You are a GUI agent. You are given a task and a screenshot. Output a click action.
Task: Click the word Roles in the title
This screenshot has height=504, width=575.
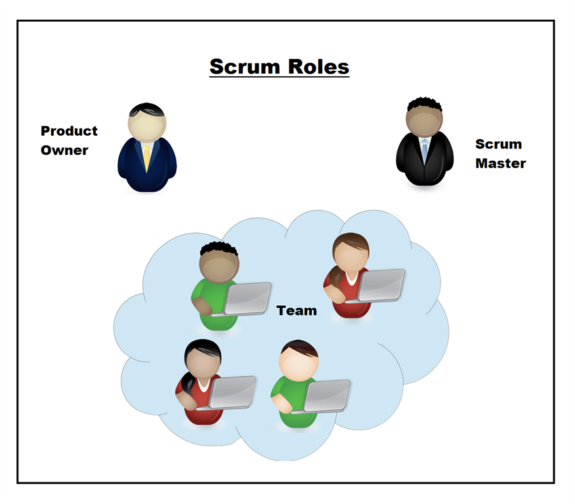[319, 67]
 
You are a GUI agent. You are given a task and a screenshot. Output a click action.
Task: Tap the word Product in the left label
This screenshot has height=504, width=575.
[69, 131]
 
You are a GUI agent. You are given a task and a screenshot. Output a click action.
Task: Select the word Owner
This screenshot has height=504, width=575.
[64, 150]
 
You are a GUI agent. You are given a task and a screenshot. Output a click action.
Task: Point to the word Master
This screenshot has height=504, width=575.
[500, 163]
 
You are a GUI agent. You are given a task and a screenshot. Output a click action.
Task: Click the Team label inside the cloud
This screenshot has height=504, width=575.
[297, 310]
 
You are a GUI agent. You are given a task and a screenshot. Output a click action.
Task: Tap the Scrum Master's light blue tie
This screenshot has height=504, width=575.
[425, 150]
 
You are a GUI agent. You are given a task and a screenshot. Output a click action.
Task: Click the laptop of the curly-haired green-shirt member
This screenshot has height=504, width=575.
[247, 299]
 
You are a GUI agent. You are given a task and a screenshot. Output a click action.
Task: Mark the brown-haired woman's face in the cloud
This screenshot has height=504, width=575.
[351, 256]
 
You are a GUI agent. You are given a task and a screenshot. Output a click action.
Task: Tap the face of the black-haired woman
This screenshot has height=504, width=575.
[202, 362]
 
